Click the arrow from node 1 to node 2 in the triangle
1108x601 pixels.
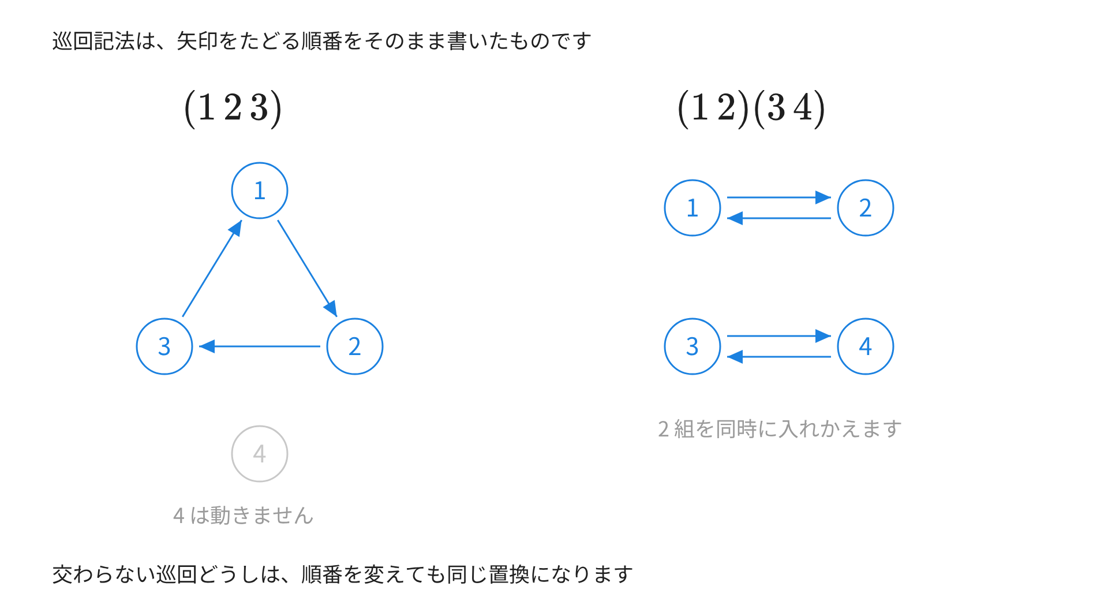[x=307, y=268]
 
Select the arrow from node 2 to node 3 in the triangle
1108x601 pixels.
[x=260, y=346]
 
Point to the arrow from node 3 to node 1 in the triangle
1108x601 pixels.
[x=212, y=268]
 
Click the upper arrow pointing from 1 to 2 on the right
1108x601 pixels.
[x=779, y=197]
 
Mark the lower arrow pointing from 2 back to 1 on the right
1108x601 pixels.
[x=779, y=218]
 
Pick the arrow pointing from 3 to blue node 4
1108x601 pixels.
[x=779, y=336]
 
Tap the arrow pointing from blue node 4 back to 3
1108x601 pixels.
[x=779, y=357]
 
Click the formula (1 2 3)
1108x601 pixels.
[x=233, y=109]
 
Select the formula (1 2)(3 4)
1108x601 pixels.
[x=751, y=109]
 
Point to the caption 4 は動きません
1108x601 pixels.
[x=243, y=516]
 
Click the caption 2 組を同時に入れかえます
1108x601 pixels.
[x=780, y=429]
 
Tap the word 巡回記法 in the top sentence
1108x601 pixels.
[x=93, y=41]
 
